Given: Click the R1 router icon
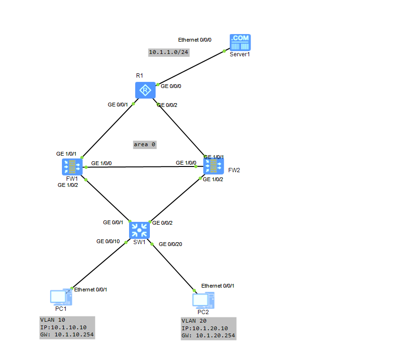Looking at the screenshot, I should click(145, 90).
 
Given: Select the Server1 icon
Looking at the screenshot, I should click(240, 42).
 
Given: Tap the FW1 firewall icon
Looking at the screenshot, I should click(72, 167).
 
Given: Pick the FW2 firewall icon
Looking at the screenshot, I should click(214, 166).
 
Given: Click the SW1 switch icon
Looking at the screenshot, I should click(139, 230).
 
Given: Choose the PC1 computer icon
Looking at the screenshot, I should click(61, 297).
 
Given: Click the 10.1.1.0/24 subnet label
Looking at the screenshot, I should click(169, 52).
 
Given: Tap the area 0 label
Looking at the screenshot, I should click(145, 144).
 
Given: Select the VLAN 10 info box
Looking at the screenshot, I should click(67, 327).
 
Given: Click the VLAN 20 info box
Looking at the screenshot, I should click(208, 328).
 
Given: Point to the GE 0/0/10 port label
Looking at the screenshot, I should click(108, 241).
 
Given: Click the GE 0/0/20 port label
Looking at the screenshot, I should click(171, 244).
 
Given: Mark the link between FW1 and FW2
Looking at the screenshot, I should click(144, 167).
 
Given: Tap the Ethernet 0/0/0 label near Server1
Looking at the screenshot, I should click(195, 40).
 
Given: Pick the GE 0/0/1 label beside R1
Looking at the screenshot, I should click(118, 105).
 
